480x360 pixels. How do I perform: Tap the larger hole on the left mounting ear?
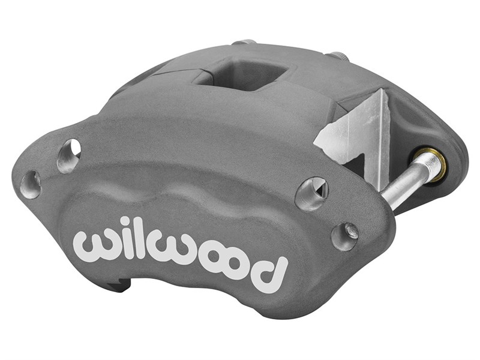click(x=69, y=155)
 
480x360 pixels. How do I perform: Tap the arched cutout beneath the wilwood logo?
click(x=198, y=294)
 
